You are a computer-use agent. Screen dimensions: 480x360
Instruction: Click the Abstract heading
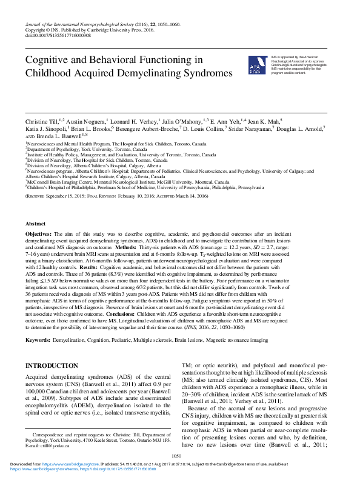click(x=36, y=223)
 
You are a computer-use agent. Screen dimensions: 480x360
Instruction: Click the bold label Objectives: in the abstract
click(x=42, y=233)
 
